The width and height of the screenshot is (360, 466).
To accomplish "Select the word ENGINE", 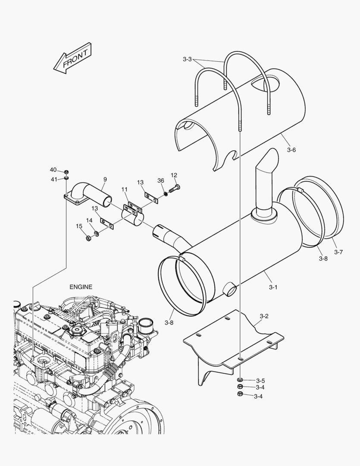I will pyautogui.click(x=81, y=287).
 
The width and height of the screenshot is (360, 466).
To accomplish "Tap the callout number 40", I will pyautogui.click(x=53, y=170).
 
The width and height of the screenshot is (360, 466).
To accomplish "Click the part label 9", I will pyautogui.click(x=105, y=179).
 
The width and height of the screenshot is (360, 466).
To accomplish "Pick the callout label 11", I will pyautogui.click(x=124, y=189).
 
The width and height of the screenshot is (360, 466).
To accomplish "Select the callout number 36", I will pyautogui.click(x=160, y=181).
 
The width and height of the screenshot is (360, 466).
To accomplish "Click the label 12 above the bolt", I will pyautogui.click(x=174, y=175).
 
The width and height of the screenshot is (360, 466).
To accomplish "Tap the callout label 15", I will pyautogui.click(x=79, y=226).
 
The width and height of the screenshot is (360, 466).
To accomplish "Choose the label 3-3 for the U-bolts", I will pyautogui.click(x=187, y=59).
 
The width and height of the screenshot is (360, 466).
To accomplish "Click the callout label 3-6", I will pyautogui.click(x=291, y=150).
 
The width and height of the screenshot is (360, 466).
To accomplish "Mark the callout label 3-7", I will pyautogui.click(x=338, y=252).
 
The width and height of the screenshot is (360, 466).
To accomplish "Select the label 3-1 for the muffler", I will pyautogui.click(x=273, y=287).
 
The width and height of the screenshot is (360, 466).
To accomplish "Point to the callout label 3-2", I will pyautogui.click(x=264, y=316).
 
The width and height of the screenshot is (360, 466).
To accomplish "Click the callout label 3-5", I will pyautogui.click(x=260, y=381).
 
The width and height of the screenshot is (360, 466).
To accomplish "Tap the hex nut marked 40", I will pyautogui.click(x=67, y=171).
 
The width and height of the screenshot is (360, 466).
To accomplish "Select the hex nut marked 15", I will pyautogui.click(x=88, y=238).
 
